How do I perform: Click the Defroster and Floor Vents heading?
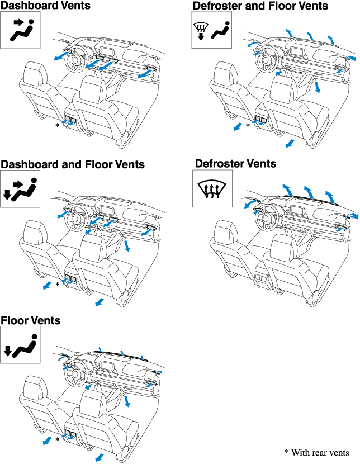(x=260, y=6)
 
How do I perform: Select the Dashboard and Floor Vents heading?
(x=73, y=164)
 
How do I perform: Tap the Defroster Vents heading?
(x=235, y=163)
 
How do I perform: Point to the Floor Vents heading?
(x=31, y=321)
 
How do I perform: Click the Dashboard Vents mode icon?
(x=21, y=30)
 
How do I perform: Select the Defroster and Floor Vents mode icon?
(x=211, y=30)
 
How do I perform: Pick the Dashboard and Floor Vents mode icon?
(x=21, y=188)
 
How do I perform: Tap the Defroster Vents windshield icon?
(x=211, y=188)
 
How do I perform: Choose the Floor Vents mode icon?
(x=21, y=345)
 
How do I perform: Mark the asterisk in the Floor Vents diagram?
(x=57, y=441)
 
